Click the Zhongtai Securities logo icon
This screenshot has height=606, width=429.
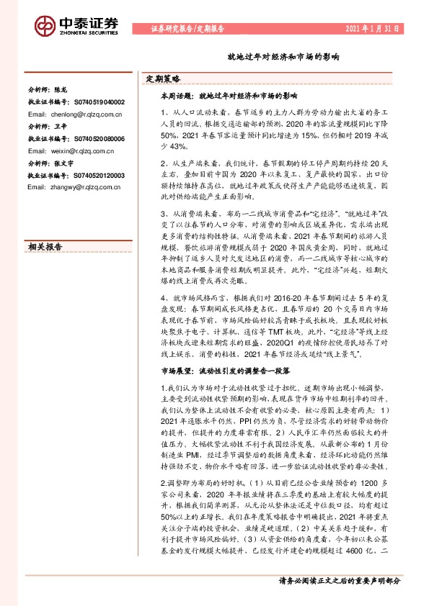45,26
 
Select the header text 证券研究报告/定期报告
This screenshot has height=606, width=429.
188,29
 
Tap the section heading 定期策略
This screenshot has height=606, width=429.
164,78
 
